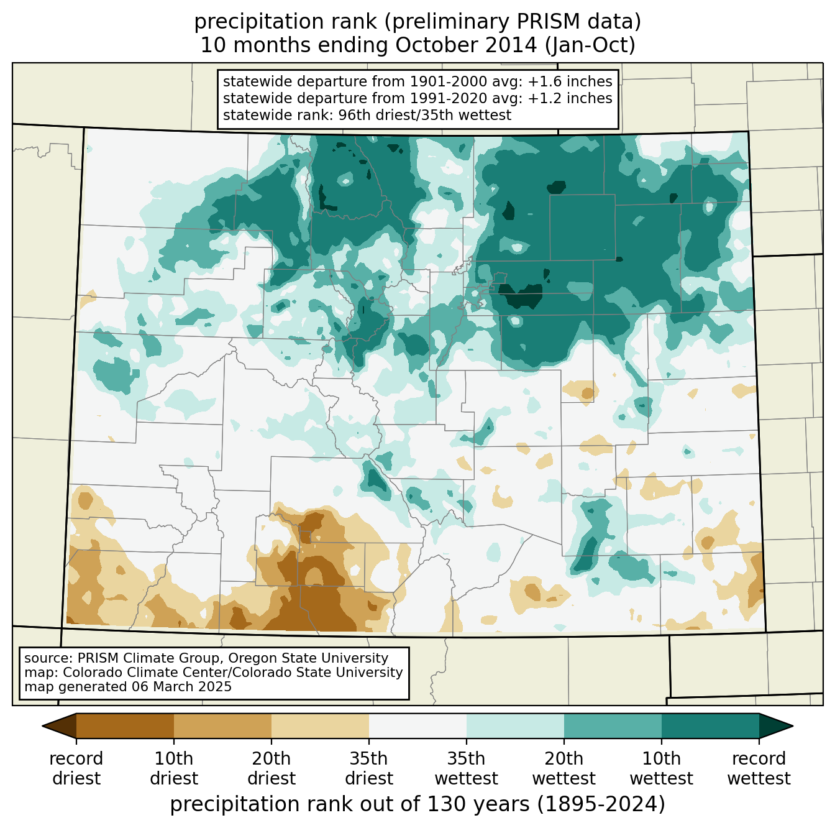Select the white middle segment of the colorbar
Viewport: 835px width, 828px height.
[x=417, y=725]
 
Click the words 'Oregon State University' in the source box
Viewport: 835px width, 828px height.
[x=308, y=658]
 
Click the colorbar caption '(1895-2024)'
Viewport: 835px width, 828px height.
[x=601, y=804]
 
